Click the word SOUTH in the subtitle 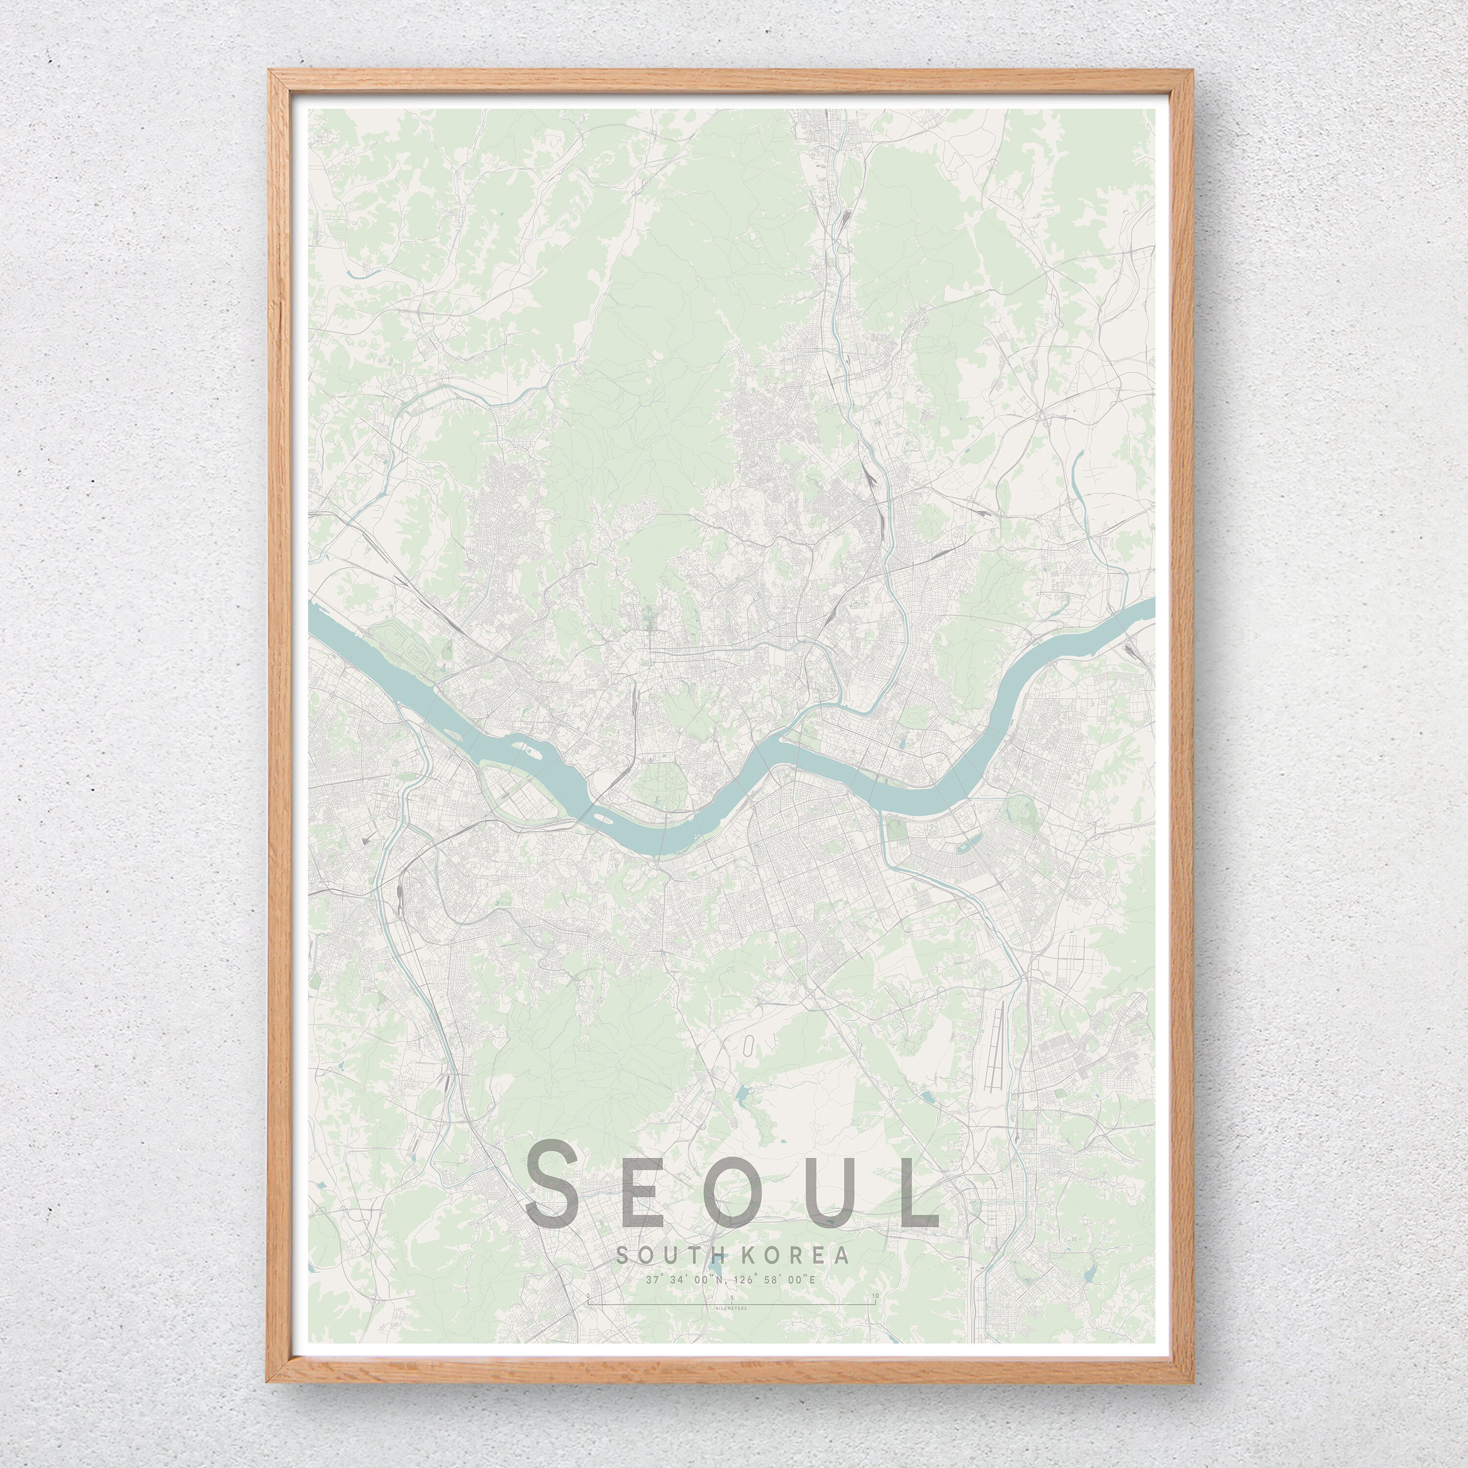(661, 1255)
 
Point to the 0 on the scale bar (588, 1296)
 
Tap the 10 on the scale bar (875, 1296)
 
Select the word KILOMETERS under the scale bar (731, 1309)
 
